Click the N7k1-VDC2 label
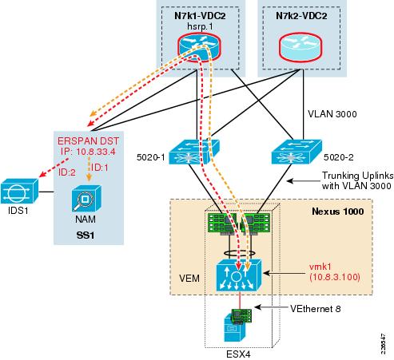[200, 16]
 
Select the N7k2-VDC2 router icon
[300, 47]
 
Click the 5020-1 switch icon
[194, 152]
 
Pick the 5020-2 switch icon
[296, 152]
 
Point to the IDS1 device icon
[19, 191]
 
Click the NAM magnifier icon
[86, 199]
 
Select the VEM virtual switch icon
[239, 275]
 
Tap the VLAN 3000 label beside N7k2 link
[332, 114]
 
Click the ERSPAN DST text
[88, 140]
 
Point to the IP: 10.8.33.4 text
[88, 152]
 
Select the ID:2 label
[67, 172]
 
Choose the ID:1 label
[99, 168]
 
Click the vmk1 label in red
[320, 267]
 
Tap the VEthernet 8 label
[315, 309]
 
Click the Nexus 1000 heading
[338, 212]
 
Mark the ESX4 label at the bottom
[238, 354]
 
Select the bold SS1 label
[86, 235]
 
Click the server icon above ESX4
[234, 328]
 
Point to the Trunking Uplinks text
[357, 176]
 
